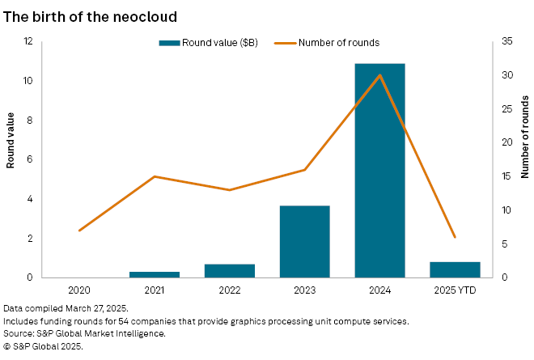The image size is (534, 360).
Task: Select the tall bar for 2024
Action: click(380, 170)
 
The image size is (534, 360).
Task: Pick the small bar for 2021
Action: click(155, 274)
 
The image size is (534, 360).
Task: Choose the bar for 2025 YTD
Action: click(455, 269)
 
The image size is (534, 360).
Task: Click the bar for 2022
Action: click(230, 270)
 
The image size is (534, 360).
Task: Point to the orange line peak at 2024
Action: click(380, 75)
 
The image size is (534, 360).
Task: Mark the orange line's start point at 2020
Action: click(79, 231)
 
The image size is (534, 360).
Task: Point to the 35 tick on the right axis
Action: click(504, 41)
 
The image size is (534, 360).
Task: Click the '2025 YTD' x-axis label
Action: click(455, 290)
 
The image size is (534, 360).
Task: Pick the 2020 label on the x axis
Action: click(79, 290)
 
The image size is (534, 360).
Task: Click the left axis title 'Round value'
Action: click(11, 141)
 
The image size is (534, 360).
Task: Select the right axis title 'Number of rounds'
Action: click(524, 141)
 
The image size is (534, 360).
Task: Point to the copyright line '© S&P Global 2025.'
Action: click(43, 345)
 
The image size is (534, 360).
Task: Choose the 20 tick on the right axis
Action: click(504, 142)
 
